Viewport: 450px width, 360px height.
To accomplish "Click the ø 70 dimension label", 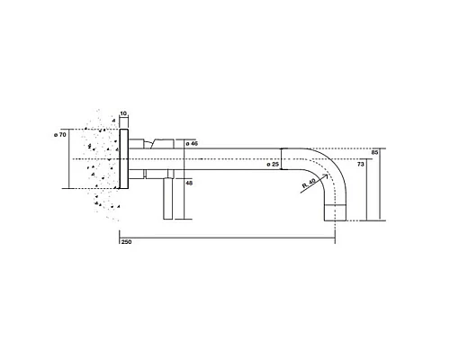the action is point(60,135).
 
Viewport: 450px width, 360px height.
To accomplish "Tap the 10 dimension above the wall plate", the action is point(123,113).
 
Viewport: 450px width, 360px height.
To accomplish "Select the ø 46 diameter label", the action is point(192,143).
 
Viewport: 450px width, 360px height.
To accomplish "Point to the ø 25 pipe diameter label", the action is point(273,164).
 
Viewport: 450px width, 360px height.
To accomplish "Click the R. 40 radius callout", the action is point(309,183).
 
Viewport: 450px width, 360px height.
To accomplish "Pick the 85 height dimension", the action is point(374,152).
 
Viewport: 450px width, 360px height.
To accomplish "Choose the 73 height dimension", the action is point(361,164).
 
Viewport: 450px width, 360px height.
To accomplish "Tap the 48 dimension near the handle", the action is point(189,183).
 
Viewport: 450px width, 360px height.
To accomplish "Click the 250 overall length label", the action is point(127,242).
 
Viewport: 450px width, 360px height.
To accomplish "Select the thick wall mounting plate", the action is point(124,159).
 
